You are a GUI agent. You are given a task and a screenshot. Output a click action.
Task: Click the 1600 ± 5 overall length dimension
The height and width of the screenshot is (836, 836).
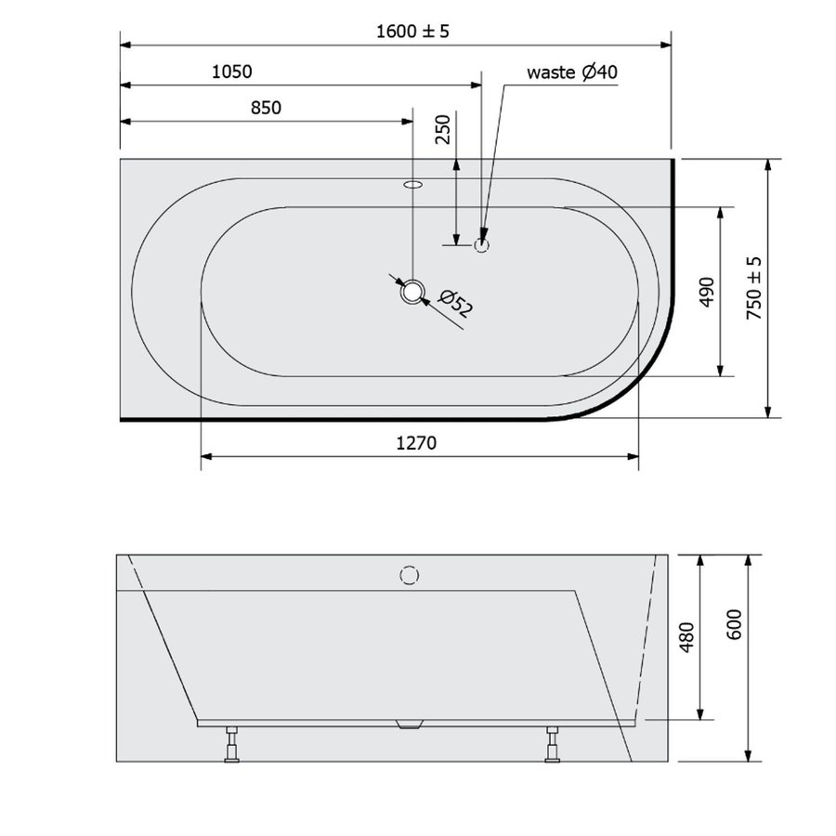(x=412, y=32)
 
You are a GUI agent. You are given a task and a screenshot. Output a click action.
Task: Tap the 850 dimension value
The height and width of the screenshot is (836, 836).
(x=265, y=108)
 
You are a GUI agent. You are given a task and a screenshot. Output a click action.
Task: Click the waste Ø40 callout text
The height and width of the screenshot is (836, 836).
(x=572, y=72)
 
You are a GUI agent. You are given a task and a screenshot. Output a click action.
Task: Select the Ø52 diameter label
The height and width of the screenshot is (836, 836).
(x=455, y=304)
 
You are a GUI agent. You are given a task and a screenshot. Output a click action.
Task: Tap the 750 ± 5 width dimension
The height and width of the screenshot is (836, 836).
(x=754, y=288)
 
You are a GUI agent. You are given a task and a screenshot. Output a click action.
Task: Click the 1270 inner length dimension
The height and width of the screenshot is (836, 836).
(x=417, y=443)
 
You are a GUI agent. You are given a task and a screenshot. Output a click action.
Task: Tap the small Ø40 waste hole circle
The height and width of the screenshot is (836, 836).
(x=482, y=246)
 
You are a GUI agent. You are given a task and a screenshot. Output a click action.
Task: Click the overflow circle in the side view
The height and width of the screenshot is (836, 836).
(x=407, y=574)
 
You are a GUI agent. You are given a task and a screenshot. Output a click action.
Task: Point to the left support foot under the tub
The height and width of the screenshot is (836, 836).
(x=232, y=746)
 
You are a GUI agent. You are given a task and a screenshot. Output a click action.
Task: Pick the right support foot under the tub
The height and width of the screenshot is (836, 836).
(x=553, y=746)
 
